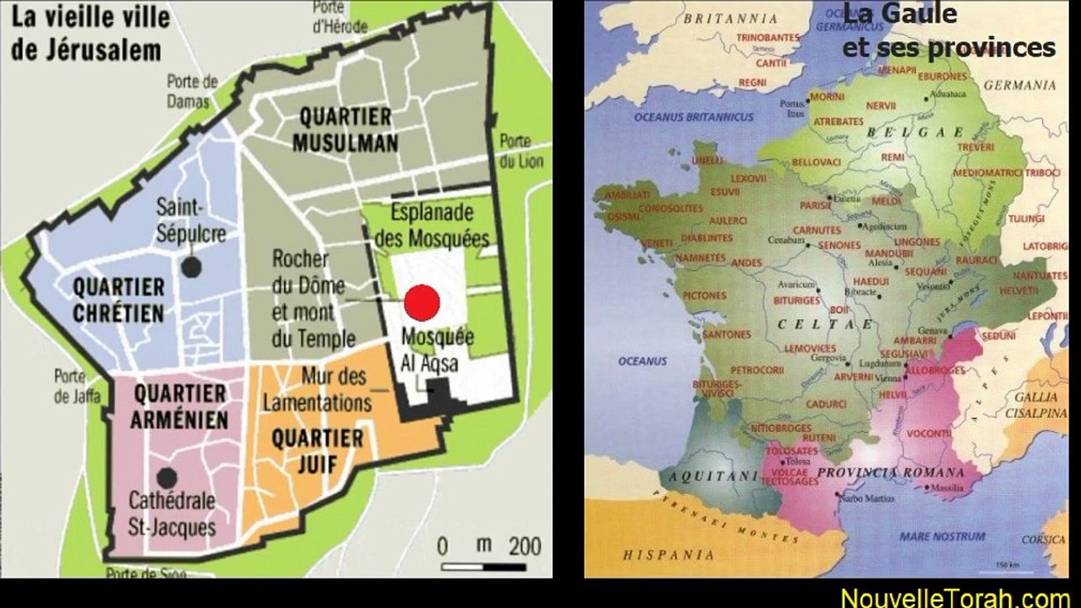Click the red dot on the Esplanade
[x=422, y=302]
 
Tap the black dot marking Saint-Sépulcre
[x=193, y=267]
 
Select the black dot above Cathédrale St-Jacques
[x=167, y=477]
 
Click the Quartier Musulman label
[x=345, y=130]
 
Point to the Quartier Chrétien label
[x=118, y=299]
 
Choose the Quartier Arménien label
[x=180, y=406]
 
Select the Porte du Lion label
[x=515, y=150]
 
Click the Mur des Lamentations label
[x=318, y=389]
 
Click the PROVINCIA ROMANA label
[x=890, y=473]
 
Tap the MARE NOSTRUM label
[x=942, y=536]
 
